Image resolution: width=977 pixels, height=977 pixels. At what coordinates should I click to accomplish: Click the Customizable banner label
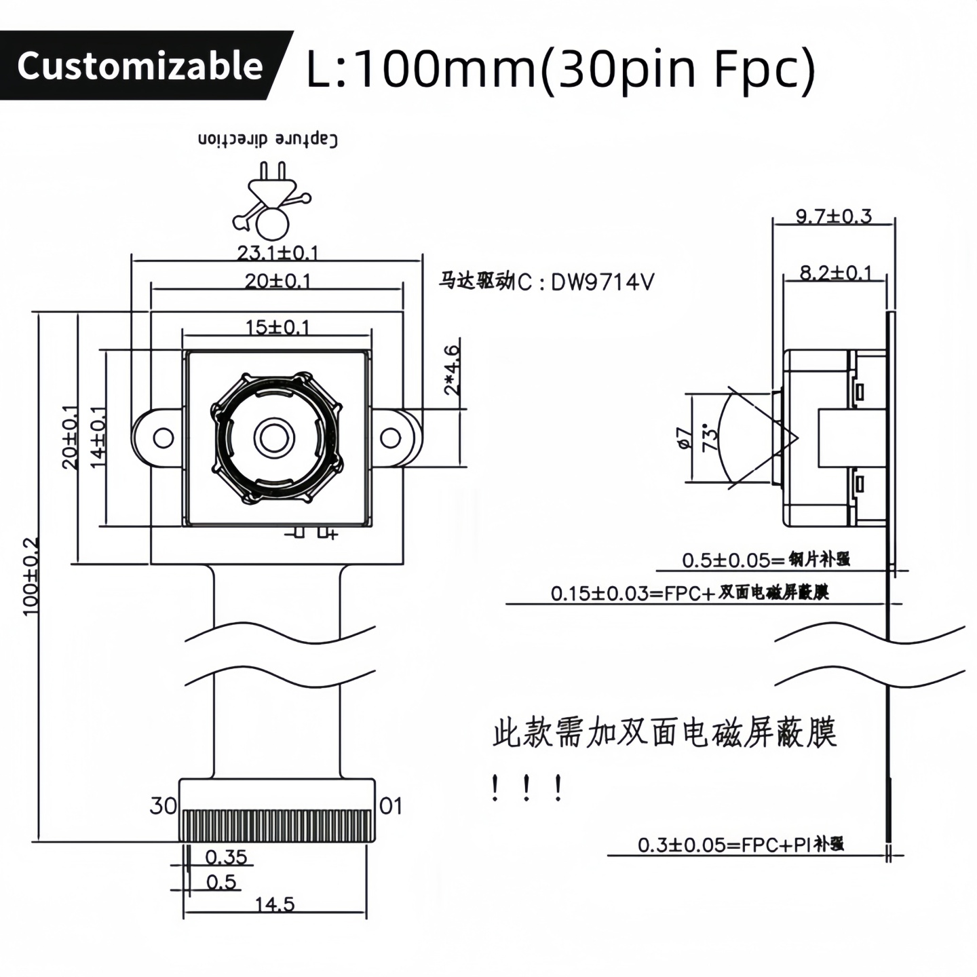click(x=140, y=66)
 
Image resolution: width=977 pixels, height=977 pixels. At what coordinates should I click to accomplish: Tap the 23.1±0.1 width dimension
click(x=277, y=253)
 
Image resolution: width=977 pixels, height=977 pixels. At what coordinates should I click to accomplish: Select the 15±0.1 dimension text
click(x=277, y=327)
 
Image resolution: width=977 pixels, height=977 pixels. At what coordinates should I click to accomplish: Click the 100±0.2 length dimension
click(x=31, y=577)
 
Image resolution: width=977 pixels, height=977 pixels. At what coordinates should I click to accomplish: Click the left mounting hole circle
click(x=163, y=438)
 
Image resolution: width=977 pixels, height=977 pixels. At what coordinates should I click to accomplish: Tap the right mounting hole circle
click(x=390, y=438)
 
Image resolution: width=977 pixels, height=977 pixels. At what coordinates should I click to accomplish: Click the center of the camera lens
click(x=274, y=437)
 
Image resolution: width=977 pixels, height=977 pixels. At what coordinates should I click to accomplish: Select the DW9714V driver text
click(x=602, y=282)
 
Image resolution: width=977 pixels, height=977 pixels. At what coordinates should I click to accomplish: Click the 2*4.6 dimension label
click(x=452, y=370)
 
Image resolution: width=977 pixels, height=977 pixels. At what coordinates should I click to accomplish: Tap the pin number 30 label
click(x=163, y=805)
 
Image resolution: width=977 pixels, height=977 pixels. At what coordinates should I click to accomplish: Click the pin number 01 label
click(x=391, y=805)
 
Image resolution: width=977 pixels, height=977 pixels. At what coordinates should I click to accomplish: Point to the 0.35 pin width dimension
click(x=226, y=857)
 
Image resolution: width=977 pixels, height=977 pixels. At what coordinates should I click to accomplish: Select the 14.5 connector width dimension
click(x=275, y=904)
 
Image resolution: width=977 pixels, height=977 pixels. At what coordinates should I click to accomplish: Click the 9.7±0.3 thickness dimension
click(x=833, y=216)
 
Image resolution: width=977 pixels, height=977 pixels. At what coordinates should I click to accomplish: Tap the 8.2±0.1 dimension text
click(x=835, y=273)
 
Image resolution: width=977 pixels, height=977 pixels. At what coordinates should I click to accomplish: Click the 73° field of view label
click(x=710, y=438)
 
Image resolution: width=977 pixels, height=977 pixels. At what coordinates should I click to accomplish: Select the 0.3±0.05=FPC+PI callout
click(x=740, y=845)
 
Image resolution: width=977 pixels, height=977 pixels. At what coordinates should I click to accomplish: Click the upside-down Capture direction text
click(x=268, y=139)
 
